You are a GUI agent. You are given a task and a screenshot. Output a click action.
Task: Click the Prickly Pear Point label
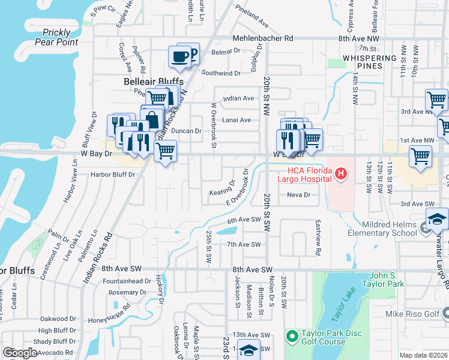pos(56,37)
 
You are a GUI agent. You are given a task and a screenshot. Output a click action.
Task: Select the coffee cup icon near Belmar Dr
pos(180,56)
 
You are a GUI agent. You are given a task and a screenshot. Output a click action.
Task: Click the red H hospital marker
pos(341,175)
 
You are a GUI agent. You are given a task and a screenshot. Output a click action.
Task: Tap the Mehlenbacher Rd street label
pos(263,38)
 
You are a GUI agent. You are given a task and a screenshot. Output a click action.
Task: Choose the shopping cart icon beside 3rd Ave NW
pos(436,100)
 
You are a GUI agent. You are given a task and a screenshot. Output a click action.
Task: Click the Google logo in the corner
pos(20,353)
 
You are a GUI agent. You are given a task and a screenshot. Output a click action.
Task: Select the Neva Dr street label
pos(298,194)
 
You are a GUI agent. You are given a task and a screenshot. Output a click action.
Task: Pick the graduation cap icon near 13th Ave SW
pos(249,351)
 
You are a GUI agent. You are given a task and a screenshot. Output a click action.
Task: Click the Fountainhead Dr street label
pos(127,281)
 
